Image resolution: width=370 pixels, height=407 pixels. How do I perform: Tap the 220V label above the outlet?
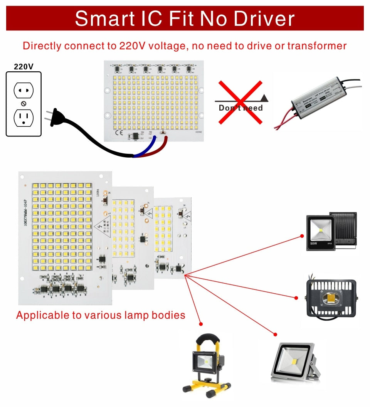[24, 67]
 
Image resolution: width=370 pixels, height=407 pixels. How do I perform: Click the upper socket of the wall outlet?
[24, 91]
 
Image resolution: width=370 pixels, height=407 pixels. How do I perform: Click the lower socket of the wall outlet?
[24, 118]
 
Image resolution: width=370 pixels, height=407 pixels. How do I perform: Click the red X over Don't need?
[240, 102]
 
